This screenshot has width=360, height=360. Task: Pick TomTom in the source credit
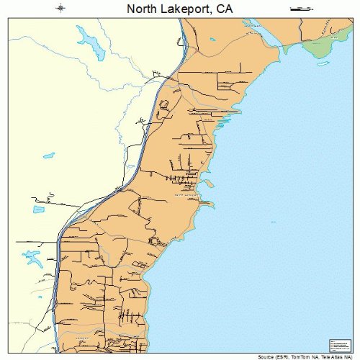coord(304,356)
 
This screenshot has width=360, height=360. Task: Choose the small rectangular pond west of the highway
coord(48,155)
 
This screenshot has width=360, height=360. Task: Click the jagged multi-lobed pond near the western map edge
coord(32,257)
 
